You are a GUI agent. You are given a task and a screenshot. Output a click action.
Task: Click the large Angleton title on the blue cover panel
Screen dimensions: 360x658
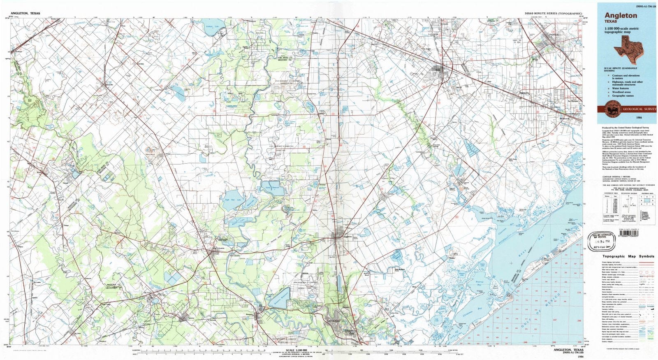pyautogui.click(x=621, y=16)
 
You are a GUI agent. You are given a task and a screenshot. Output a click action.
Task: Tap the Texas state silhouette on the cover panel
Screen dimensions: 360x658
pyautogui.click(x=628, y=46)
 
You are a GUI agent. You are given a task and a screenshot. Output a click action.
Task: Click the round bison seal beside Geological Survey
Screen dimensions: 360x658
pyautogui.click(x=610, y=109)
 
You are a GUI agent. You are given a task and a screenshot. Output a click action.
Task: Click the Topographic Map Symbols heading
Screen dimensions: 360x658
pyautogui.click(x=628, y=256)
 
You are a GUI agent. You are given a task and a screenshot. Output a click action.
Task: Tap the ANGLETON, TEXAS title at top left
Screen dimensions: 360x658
pyautogui.click(x=25, y=13)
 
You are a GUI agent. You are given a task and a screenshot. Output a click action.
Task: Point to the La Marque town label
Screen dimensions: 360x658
pyautogui.click(x=573, y=101)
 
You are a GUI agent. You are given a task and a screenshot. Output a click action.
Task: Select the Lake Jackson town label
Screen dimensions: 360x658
pyautogui.click(x=334, y=320)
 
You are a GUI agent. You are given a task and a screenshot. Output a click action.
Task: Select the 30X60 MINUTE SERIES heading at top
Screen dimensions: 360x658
pyautogui.click(x=553, y=13)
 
